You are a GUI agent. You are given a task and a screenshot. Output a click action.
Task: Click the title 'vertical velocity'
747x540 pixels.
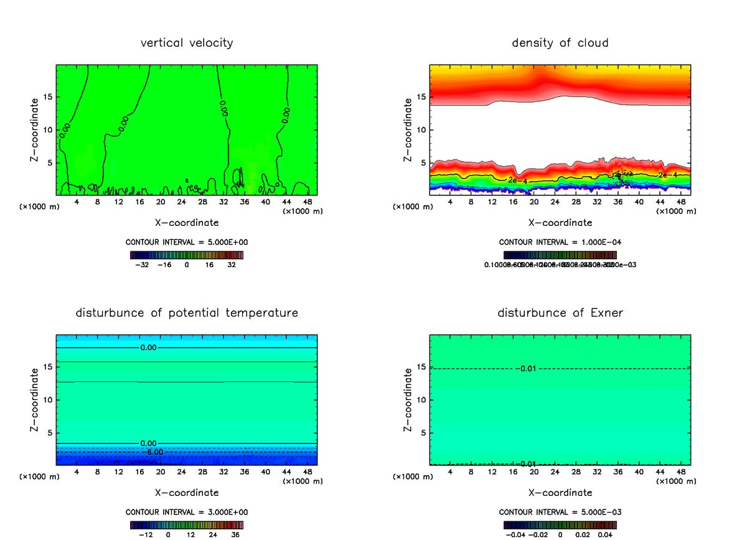(187, 43)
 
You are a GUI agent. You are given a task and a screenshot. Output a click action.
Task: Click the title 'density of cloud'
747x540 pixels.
(560, 43)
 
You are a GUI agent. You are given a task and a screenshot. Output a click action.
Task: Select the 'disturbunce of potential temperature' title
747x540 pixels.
(187, 312)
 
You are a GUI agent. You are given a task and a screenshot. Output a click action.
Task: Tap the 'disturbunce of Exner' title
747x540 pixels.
(560, 312)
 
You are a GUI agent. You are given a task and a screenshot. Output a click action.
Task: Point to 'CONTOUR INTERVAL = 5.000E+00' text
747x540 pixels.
(187, 242)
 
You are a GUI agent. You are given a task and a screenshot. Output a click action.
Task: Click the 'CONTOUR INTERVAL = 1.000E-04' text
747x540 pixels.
(560, 242)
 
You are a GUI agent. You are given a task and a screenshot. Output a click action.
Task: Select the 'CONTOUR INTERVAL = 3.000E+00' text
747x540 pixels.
(187, 512)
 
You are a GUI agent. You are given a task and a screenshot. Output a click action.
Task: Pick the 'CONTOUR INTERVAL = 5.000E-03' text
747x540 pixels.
(560, 512)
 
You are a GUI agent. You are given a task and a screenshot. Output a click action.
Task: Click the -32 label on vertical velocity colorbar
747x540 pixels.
(143, 264)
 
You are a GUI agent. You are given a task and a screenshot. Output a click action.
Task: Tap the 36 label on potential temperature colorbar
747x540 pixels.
(235, 534)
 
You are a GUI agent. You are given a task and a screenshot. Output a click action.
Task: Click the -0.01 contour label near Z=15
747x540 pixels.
(527, 369)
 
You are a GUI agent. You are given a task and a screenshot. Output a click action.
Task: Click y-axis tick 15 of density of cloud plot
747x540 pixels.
(422, 96)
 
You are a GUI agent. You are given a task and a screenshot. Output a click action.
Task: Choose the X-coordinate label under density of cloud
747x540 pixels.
(560, 222)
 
